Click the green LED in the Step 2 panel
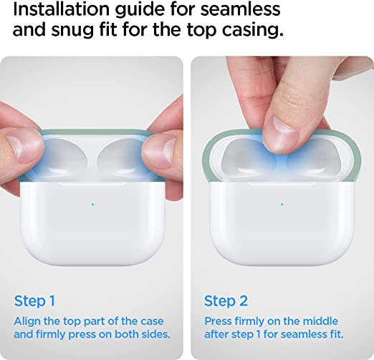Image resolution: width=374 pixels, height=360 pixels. [281, 204]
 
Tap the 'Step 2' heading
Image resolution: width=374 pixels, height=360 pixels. [226, 301]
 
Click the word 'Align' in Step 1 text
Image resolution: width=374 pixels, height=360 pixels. [28, 321]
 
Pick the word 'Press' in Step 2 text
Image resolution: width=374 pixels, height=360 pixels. [219, 321]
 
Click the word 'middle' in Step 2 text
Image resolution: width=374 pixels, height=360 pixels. [318, 321]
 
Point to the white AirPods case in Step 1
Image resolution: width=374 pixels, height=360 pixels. [92, 222]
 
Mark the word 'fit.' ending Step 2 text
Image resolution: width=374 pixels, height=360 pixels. [334, 334]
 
